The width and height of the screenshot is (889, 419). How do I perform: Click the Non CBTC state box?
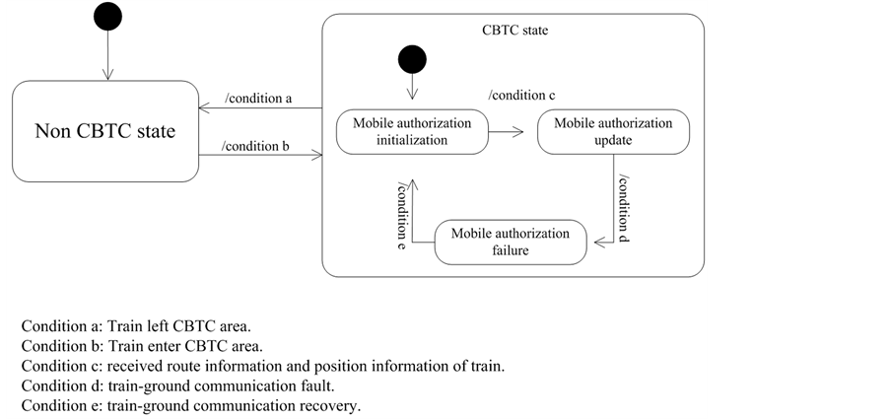click(x=104, y=131)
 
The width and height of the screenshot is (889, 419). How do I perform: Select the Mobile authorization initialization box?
click(x=412, y=131)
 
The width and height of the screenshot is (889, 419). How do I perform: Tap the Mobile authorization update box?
click(x=613, y=131)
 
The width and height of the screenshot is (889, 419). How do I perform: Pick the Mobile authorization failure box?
click(x=510, y=242)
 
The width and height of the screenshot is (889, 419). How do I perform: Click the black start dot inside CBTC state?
click(x=412, y=60)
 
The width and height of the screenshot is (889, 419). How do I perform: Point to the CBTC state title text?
click(x=513, y=31)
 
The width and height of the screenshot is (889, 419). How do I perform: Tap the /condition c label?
click(x=522, y=95)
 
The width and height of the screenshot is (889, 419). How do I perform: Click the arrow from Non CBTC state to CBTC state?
click(x=260, y=156)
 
